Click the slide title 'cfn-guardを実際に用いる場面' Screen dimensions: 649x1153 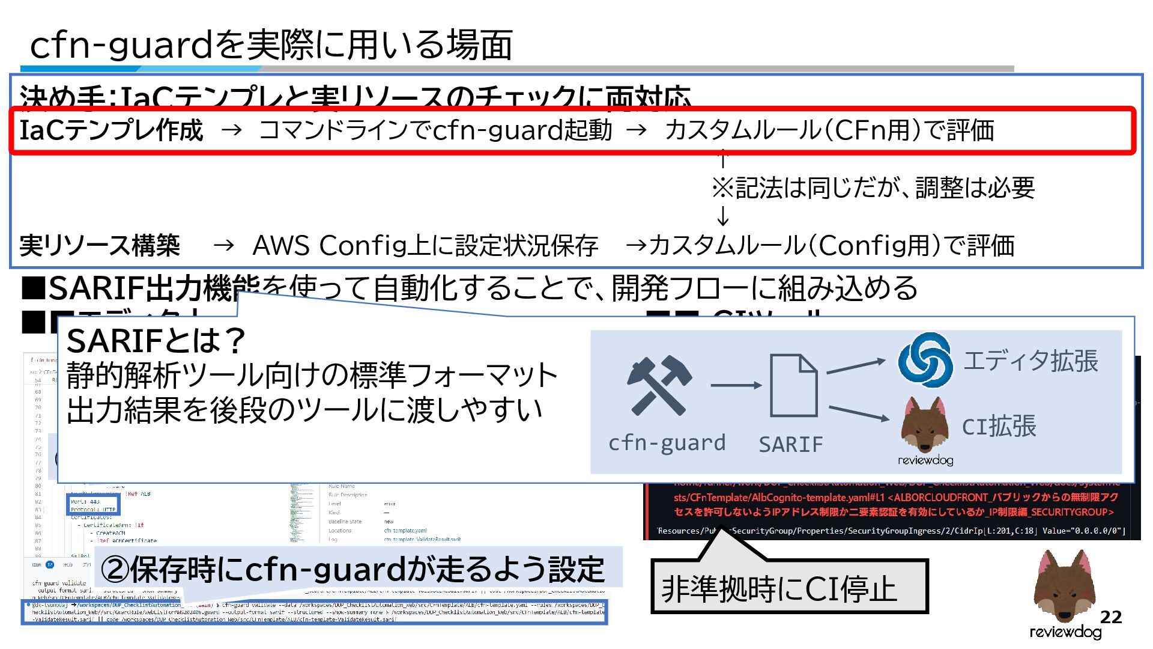click(x=270, y=44)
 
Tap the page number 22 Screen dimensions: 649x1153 click(x=1111, y=617)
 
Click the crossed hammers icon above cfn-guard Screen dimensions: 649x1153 click(x=659, y=386)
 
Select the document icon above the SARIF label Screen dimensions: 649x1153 click(x=793, y=386)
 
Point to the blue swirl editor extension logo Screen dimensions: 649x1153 click(x=925, y=359)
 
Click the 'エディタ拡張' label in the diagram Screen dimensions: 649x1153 click(x=1030, y=361)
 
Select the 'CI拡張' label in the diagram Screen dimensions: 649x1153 click(x=999, y=427)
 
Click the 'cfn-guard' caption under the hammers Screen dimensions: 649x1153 click(x=667, y=443)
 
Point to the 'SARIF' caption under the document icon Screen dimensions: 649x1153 click(x=790, y=445)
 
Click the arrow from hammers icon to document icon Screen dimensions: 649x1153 click(x=735, y=385)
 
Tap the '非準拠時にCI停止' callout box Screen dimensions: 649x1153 click(x=789, y=587)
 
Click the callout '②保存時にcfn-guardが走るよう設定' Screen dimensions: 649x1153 click(x=353, y=569)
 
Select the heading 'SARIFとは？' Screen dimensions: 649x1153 click(x=156, y=341)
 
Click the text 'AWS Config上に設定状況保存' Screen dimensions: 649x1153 click(x=425, y=246)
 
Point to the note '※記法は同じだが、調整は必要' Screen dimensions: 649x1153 click(x=873, y=188)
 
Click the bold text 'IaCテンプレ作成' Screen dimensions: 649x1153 click(x=111, y=130)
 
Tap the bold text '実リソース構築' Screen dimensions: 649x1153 click(x=100, y=246)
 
